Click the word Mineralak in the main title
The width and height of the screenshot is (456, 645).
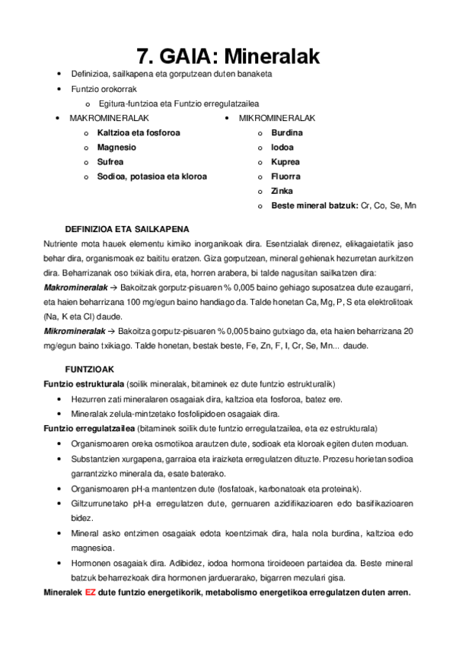point(271,56)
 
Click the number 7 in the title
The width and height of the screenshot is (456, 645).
point(144,56)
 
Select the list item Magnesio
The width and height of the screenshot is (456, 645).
point(116,148)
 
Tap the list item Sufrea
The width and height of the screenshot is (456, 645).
point(110,162)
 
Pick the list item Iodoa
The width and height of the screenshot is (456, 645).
point(282,148)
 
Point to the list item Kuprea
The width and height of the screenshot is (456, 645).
point(285,162)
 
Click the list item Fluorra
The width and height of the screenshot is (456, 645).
point(285,176)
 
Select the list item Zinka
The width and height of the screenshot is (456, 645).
point(282,191)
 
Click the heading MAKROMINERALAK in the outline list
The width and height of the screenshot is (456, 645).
point(109,119)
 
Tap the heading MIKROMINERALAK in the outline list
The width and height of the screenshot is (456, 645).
point(277,119)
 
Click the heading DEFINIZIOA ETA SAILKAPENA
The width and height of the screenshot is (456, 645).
point(127,229)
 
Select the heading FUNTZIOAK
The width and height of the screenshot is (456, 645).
point(89,368)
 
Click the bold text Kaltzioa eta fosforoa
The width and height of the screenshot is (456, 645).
point(139,133)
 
